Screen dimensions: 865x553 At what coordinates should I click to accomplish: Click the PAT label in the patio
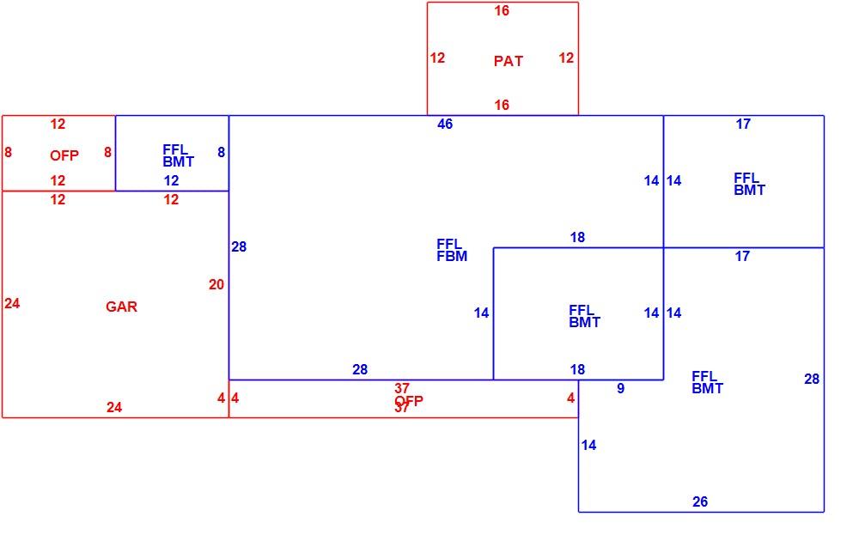pyautogui.click(x=508, y=61)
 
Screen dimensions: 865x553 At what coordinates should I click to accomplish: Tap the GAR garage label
pyautogui.click(x=121, y=307)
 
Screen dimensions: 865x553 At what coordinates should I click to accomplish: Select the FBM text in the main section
pyautogui.click(x=452, y=257)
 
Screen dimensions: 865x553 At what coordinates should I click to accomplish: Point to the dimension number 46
pyautogui.click(x=445, y=124)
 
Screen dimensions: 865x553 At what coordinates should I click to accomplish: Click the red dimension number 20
pyautogui.click(x=216, y=284)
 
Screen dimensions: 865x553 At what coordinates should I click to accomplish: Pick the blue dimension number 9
pyautogui.click(x=620, y=389)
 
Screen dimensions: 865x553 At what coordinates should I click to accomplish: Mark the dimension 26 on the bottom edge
pyautogui.click(x=700, y=501)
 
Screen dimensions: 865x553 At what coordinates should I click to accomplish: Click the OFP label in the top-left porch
pyautogui.click(x=64, y=155)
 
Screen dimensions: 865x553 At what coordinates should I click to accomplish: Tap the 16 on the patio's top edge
pyautogui.click(x=502, y=10)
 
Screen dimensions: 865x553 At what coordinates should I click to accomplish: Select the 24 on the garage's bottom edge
pyautogui.click(x=114, y=407)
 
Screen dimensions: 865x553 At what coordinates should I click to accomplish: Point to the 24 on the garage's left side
pyautogui.click(x=12, y=303)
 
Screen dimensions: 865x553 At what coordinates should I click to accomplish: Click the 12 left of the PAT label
pyautogui.click(x=437, y=58)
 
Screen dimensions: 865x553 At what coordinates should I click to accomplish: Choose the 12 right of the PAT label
pyautogui.click(x=566, y=58)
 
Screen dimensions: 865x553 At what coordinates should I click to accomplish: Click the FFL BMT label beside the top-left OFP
pyautogui.click(x=178, y=156)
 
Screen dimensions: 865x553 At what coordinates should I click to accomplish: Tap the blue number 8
pyautogui.click(x=222, y=152)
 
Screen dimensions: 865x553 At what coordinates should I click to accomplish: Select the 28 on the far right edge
pyautogui.click(x=812, y=379)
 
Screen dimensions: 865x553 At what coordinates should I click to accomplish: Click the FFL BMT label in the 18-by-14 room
pyautogui.click(x=584, y=317)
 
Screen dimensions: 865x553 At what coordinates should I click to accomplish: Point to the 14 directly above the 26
pyautogui.click(x=588, y=445)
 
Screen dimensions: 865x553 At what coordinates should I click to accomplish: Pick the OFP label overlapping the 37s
pyautogui.click(x=409, y=401)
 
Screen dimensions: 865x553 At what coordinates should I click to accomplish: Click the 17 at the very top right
pyautogui.click(x=743, y=124)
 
